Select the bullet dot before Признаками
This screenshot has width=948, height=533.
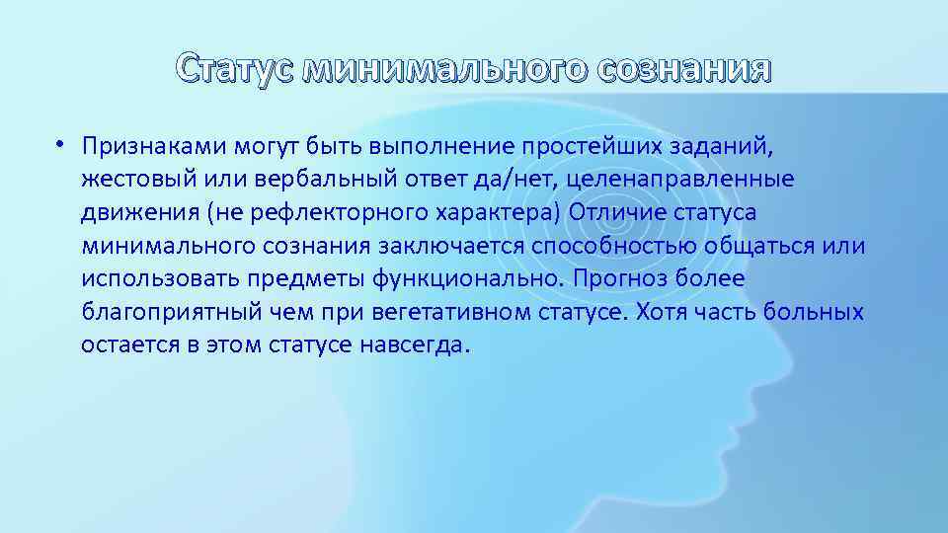[60, 144]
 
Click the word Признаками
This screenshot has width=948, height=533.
[154, 146]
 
